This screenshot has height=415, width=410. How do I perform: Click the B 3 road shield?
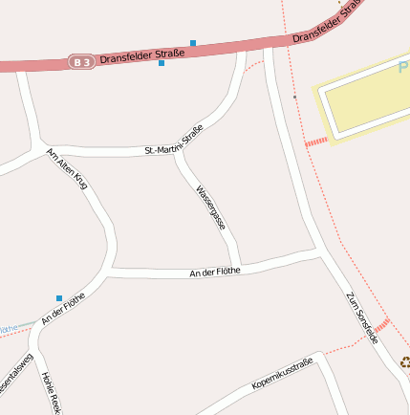click(x=81, y=62)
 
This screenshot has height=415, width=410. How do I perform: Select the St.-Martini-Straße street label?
click(x=174, y=140)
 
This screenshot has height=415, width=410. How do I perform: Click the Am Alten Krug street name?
click(x=68, y=169)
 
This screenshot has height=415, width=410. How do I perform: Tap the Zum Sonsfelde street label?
click(x=362, y=317)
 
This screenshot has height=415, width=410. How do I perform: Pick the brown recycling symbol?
click(x=405, y=362)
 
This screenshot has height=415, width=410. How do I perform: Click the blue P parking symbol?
click(x=403, y=67)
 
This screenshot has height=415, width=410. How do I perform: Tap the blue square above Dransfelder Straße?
click(x=193, y=43)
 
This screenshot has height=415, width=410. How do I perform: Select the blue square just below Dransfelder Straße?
click(x=162, y=63)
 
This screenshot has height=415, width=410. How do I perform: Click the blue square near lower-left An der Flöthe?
click(x=59, y=298)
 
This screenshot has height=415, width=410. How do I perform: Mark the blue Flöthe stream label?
click(x=8, y=329)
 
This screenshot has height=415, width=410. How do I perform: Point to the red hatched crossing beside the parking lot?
click(x=315, y=141)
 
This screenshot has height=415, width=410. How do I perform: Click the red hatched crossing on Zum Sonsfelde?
click(x=381, y=324)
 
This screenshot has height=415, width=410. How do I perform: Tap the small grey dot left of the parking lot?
click(x=295, y=97)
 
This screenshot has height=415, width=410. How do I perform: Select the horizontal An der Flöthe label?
click(x=215, y=273)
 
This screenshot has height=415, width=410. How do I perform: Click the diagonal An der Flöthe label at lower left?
click(x=63, y=308)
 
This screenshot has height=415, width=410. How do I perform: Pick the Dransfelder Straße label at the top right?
click(x=329, y=21)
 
